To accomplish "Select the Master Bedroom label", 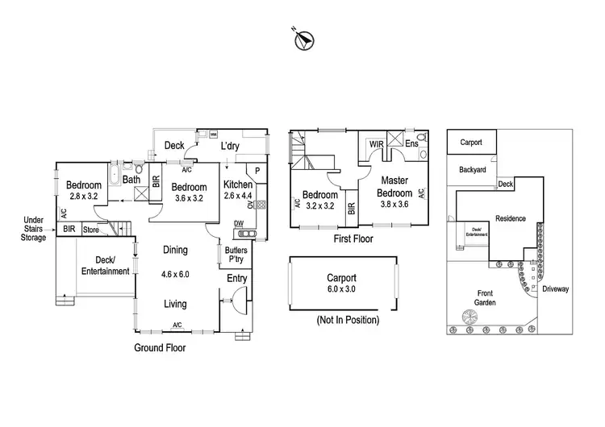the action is pos(396,186).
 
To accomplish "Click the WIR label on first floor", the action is pos(376,144).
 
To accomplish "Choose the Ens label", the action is pos(411,144).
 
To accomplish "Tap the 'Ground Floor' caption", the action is pos(160,348).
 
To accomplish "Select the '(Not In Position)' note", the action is pos(348,320).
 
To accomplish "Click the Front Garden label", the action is pos(486,298).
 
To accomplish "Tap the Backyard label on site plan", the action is pos(472,170).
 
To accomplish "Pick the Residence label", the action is pos(511,218).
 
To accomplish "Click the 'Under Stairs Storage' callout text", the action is pos(33,229).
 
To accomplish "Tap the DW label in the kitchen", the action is pos(239,223).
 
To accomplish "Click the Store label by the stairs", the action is pos(90,230).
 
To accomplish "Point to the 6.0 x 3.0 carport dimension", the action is pos(341,289).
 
